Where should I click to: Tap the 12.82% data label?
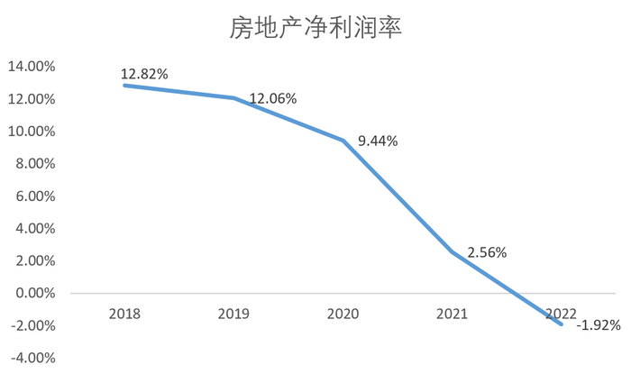point(145,74)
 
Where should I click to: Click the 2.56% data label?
point(486,253)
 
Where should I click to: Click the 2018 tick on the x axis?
point(123,314)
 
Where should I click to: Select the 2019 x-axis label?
point(233,314)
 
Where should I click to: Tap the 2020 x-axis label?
point(343,314)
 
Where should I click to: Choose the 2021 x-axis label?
point(452,314)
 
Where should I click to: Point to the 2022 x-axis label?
point(561,314)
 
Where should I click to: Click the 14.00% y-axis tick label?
point(31,67)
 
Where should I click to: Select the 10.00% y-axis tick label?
point(31,132)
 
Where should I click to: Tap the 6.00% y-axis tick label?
point(33,196)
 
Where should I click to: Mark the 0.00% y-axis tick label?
point(33,294)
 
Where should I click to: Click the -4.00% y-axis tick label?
point(32,358)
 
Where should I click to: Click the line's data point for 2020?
point(343,141)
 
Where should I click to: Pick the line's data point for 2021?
point(452,251)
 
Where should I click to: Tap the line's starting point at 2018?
point(124,85)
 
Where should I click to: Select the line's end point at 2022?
point(561,324)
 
